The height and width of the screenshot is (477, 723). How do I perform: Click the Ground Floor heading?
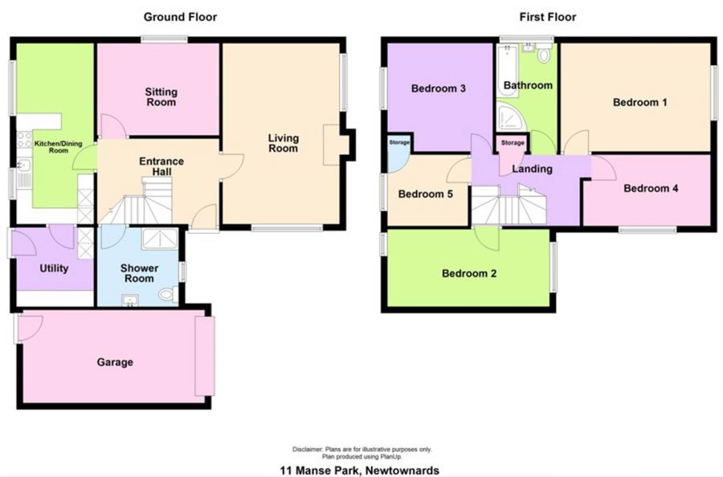pos(180,17)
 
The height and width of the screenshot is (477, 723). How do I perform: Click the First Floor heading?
pos(548,17)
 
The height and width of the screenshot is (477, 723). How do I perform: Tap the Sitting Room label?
pos(161,97)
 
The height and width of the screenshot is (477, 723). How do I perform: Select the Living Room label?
pos(283,143)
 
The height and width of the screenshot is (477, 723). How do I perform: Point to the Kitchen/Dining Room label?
pos(58,147)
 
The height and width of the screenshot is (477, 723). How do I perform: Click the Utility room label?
pos(54,268)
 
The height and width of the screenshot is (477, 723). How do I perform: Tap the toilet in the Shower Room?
pos(167,294)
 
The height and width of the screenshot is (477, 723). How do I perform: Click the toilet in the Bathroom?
pos(545,55)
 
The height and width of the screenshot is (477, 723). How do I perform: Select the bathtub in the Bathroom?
pos(507,71)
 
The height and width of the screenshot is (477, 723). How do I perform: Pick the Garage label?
pos(115,362)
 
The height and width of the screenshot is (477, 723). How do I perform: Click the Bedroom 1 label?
pos(639,102)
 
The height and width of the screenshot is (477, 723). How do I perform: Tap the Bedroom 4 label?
pos(651,188)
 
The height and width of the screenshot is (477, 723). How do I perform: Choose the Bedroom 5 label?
pos(425,194)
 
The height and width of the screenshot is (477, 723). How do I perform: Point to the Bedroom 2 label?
pos(469,273)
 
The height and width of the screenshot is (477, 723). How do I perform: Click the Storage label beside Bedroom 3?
pos(398,142)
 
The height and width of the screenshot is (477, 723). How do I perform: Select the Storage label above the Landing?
pos(513,143)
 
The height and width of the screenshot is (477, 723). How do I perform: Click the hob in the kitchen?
pos(24,140)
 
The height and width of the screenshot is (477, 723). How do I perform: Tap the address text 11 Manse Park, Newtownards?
pos(360,471)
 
